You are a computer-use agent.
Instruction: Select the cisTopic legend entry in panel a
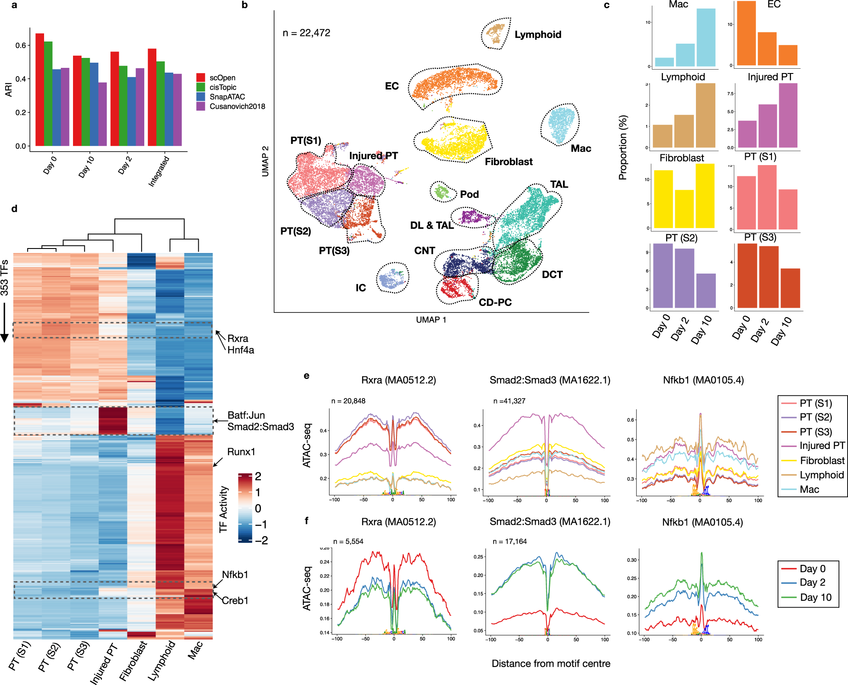pos(222,87)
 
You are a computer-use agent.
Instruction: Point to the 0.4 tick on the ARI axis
pos(21,79)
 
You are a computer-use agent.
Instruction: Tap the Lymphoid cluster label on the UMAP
pos(538,35)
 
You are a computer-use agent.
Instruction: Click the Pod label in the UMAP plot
pos(469,194)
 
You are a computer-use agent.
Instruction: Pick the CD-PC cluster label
pos(495,303)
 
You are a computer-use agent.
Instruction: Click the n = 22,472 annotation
pos(306,33)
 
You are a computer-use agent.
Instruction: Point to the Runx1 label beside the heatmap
pos(241,452)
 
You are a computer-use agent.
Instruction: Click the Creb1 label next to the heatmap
pos(235,600)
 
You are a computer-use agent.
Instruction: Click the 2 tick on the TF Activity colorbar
pos(258,476)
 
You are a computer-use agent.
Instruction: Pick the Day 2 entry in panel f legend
pos(812,583)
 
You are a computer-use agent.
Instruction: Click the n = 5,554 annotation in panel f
pos(348,542)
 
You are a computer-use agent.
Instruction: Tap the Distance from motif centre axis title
pos(551,664)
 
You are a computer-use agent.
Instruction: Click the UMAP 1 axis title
pos(431,320)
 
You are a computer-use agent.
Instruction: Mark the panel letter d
pos(14,209)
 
